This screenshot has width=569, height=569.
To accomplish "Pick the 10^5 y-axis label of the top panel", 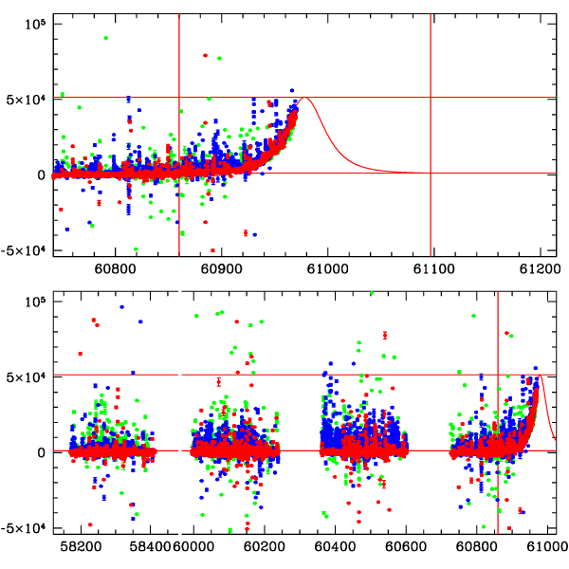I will coord(35,21).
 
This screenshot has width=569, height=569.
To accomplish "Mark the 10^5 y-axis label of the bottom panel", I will coord(35,300).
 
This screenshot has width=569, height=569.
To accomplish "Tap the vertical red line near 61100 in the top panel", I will coord(431,133).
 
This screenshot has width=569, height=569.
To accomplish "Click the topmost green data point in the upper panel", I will coord(105,38).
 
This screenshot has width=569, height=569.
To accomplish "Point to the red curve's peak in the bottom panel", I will coord(541,376).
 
